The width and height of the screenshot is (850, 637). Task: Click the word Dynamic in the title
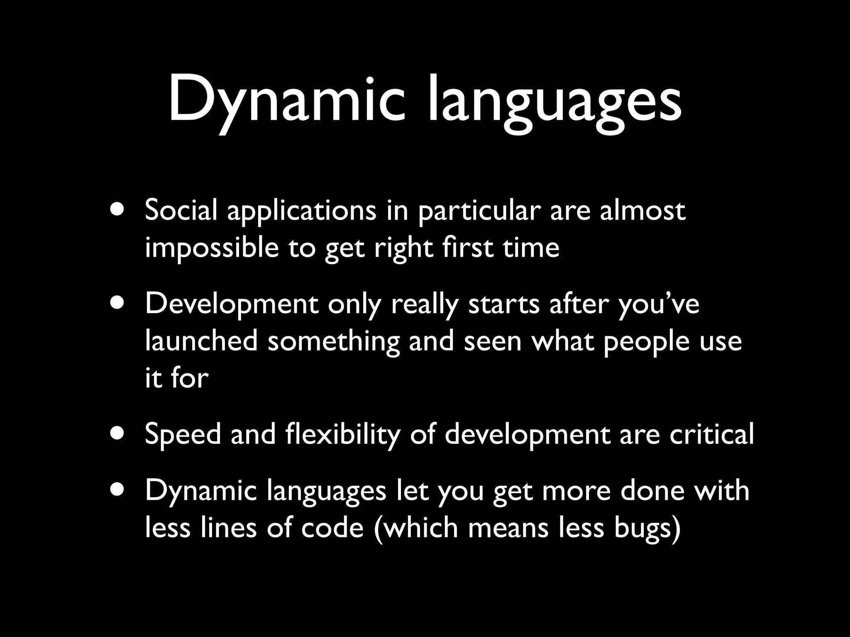[x=286, y=100]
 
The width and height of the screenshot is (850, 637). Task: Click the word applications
[x=301, y=212]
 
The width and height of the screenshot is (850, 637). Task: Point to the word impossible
[x=212, y=248]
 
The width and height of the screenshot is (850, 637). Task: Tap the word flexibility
[x=343, y=435]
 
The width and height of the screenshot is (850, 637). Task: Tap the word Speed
[x=183, y=435]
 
